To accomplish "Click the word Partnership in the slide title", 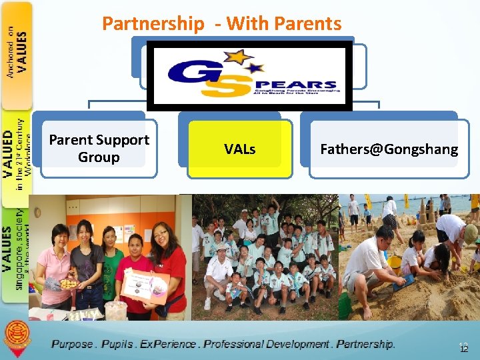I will click(153, 24).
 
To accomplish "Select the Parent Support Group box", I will click(99, 149).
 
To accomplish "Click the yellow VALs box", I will click(239, 149).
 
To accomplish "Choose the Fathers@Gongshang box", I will click(389, 149).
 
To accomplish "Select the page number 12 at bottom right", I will click(463, 348).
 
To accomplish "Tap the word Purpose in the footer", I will click(73, 345).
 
